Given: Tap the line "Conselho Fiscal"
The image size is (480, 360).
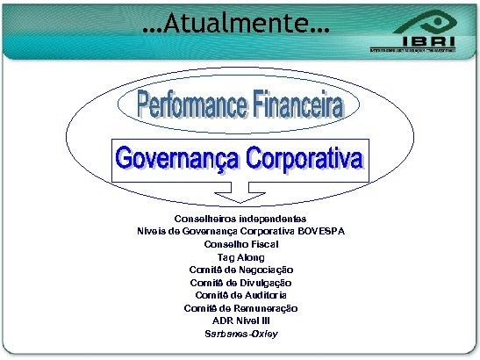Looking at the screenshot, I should [240, 243].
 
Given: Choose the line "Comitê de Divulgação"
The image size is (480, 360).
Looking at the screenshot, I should [240, 283].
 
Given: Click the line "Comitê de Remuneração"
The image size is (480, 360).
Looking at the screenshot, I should [240, 308].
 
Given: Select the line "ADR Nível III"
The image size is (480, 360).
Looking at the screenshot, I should [240, 321].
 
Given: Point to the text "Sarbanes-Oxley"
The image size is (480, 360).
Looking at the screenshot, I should [240, 335].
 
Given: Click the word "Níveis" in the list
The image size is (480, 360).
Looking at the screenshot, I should [152, 231].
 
